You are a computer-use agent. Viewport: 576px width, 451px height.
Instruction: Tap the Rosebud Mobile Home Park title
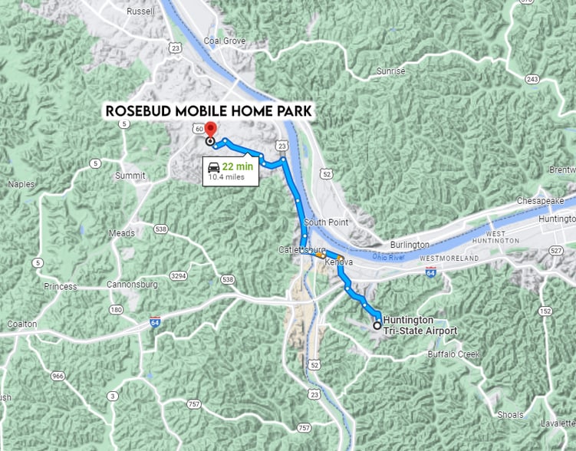click(209, 111)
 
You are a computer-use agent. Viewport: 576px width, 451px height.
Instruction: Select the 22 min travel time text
click(237, 166)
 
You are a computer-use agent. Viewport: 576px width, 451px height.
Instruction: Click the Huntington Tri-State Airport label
click(420, 325)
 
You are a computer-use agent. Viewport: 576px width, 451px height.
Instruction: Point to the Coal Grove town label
click(223, 40)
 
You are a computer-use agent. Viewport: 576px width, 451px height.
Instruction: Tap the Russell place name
click(142, 12)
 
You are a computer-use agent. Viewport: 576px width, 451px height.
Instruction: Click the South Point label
click(326, 222)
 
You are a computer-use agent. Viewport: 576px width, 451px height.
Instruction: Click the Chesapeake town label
click(541, 200)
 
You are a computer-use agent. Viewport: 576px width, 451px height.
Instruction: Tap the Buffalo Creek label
click(453, 354)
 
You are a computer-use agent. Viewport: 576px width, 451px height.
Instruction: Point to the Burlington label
click(410, 245)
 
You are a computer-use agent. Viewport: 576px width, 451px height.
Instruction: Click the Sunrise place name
click(391, 71)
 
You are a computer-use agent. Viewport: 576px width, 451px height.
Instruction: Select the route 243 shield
click(533, 80)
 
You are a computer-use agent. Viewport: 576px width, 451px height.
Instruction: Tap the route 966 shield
click(58, 376)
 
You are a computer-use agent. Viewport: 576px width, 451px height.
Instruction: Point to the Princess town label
click(61, 287)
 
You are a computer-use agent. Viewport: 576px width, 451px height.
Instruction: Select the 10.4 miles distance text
click(226, 177)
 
